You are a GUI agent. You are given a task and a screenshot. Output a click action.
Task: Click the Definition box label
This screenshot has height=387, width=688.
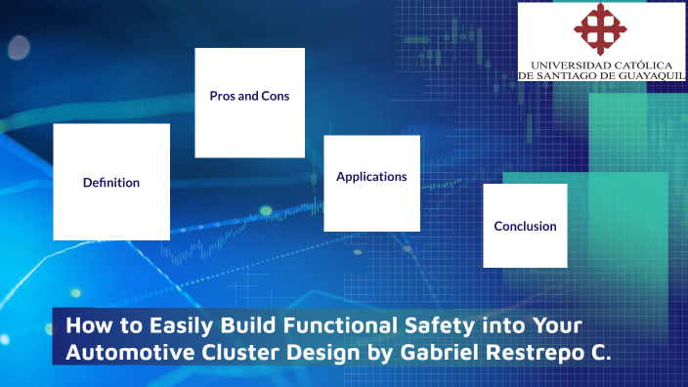point(111,183)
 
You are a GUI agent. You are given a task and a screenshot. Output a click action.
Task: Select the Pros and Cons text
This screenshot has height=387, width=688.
point(249,97)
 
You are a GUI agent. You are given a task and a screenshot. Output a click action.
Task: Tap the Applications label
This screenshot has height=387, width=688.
point(371,177)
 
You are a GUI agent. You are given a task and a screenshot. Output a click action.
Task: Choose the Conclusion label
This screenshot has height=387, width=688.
point(525,227)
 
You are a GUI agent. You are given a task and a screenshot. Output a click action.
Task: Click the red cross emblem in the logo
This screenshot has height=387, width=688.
point(601,28)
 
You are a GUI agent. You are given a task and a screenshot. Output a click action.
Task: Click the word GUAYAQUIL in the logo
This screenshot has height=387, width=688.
point(648,75)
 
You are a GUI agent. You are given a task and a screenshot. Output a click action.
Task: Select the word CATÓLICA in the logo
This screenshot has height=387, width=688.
point(639,64)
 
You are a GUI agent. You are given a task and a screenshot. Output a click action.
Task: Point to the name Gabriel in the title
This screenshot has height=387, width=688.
point(435,353)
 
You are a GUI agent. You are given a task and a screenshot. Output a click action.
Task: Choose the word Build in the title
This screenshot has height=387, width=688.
point(236,324)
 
